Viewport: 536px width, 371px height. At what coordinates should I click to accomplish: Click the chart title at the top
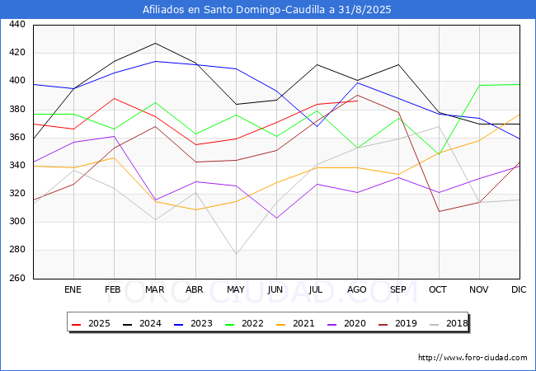pos(266,10)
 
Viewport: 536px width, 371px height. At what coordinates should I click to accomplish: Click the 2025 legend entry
pos(92,323)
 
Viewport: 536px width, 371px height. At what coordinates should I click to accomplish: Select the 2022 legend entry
pos(244,323)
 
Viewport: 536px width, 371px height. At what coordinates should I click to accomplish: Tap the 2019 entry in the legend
pos(398,323)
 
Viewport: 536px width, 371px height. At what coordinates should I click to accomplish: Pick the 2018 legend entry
pos(449,323)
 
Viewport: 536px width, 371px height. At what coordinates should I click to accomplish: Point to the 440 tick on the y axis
pos(17,24)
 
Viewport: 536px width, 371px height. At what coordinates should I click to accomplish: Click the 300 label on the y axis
pos(17,222)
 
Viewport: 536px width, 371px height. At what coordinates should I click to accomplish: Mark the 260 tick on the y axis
pos(17,278)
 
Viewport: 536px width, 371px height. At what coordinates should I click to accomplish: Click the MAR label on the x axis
pos(155,289)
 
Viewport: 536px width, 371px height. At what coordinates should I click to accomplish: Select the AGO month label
pos(357,289)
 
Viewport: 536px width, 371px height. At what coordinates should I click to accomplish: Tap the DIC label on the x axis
pos(519,289)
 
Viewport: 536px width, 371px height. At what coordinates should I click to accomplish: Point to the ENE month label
pos(73,289)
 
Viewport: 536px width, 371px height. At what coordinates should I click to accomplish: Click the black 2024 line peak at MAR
pos(156,44)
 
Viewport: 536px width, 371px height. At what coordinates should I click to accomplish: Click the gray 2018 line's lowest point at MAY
pos(236,254)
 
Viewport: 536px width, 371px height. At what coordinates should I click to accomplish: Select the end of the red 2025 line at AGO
pos(358,101)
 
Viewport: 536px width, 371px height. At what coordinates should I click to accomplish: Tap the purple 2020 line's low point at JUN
pos(276,218)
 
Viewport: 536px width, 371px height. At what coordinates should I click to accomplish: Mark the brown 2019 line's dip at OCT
pos(440,211)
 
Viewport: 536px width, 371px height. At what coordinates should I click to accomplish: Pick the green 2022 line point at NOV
pos(480,86)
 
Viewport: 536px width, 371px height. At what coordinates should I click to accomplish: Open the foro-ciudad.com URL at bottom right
pos(473,358)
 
